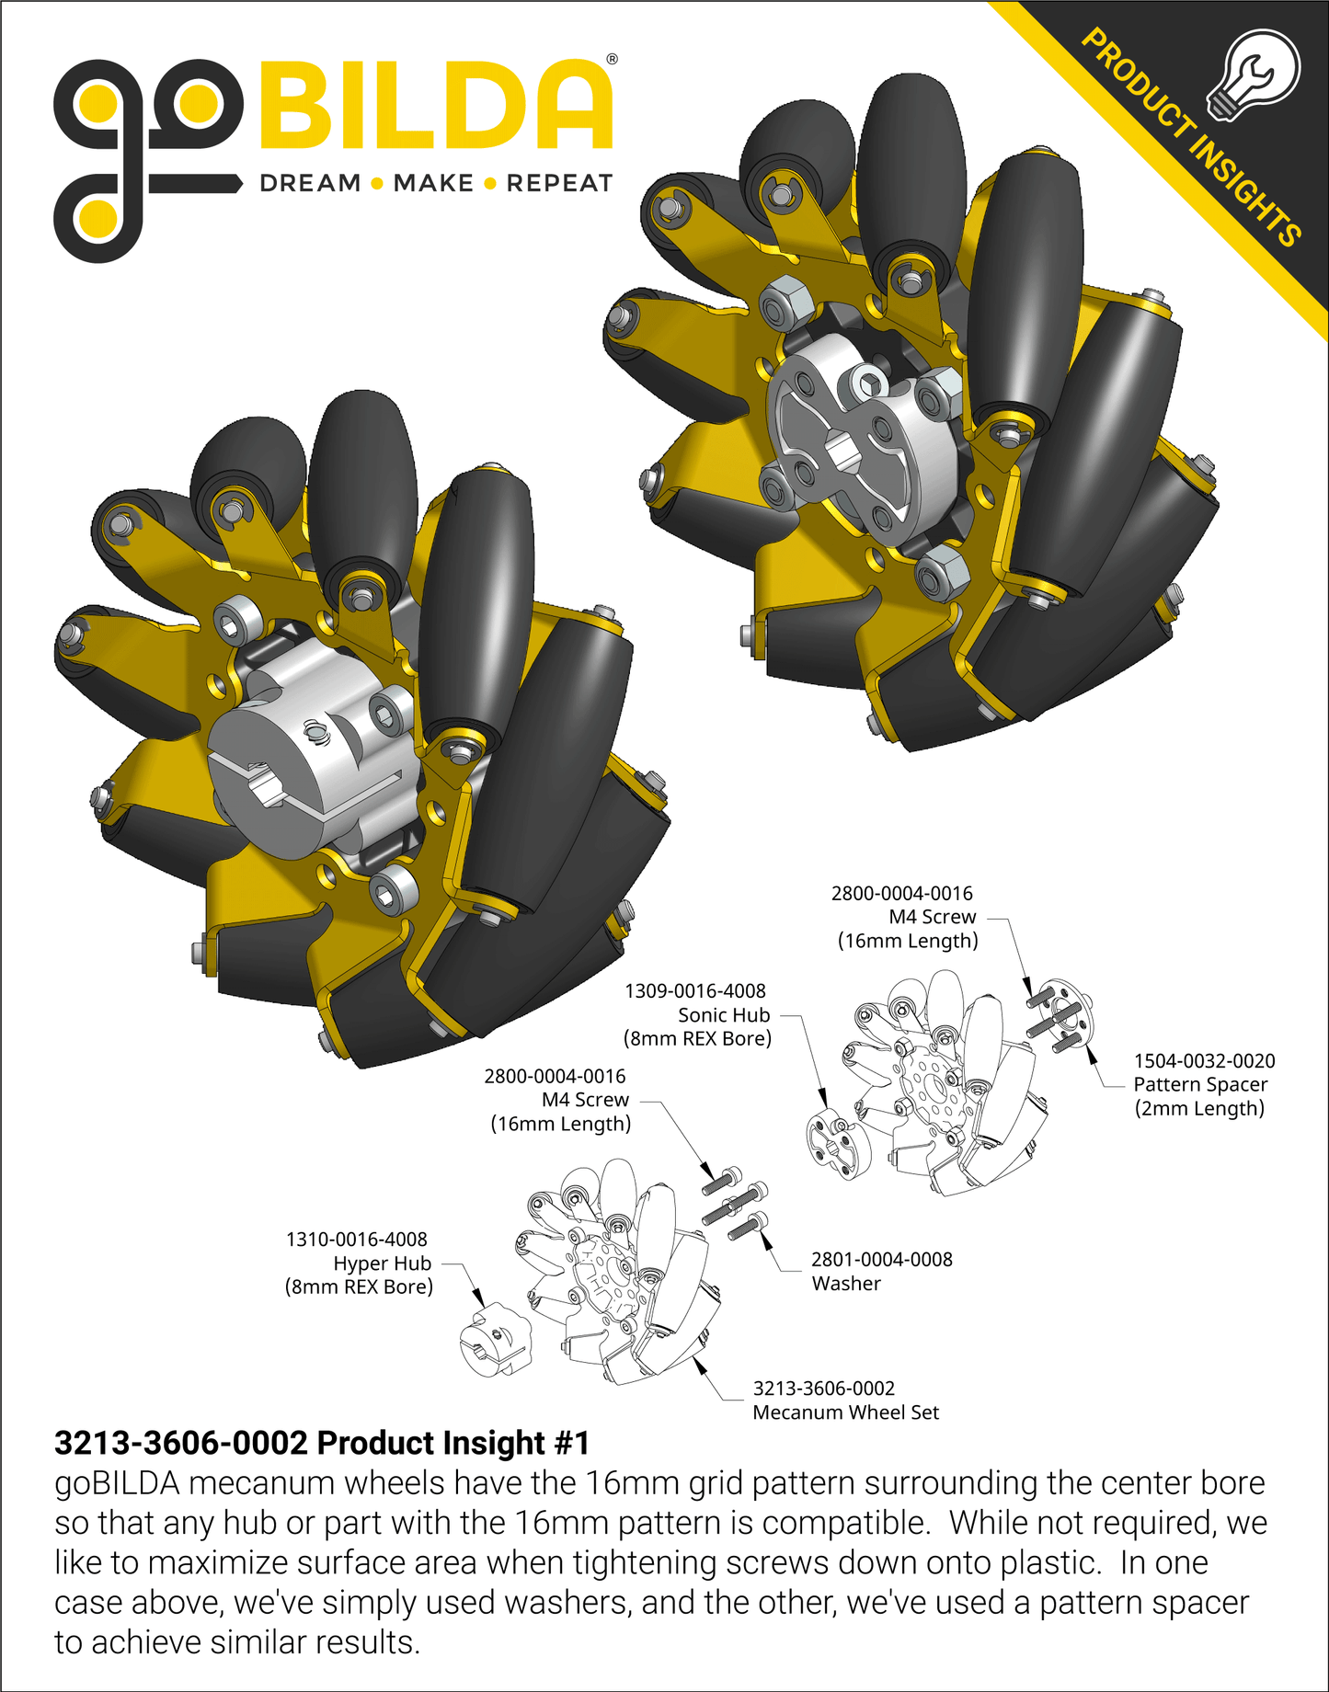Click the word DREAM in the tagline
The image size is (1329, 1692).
[310, 183]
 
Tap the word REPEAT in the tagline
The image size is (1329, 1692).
[559, 183]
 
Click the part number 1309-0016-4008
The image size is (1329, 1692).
[694, 990]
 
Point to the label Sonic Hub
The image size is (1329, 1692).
[723, 1014]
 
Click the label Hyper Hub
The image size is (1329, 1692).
[382, 1263]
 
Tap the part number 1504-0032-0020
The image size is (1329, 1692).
[1203, 1060]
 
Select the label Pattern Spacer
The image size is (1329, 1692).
[1199, 1084]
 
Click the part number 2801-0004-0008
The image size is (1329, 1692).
[881, 1259]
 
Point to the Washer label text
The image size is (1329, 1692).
[845, 1283]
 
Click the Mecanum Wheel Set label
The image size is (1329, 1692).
[845, 1412]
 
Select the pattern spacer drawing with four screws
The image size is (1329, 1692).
[1061, 1016]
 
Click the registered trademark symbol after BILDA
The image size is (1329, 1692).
[613, 60]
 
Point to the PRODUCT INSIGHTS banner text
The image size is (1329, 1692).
[1191, 137]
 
